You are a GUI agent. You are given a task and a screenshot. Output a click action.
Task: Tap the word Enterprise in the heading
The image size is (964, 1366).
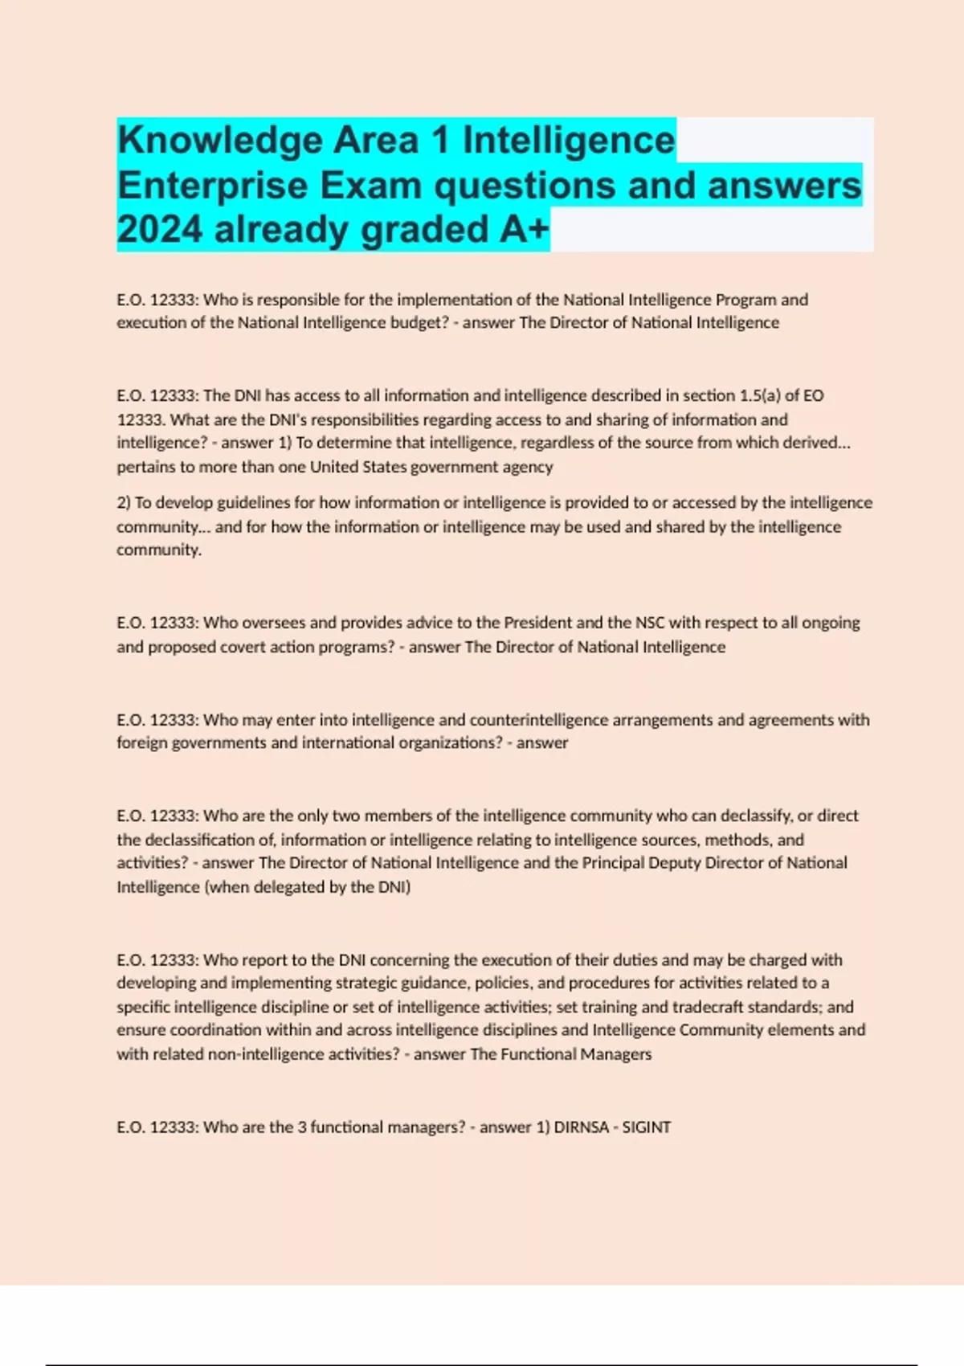(212, 186)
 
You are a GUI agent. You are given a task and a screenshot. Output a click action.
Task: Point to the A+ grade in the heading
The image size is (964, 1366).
(524, 230)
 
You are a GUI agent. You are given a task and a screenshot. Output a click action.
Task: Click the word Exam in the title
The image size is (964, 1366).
(371, 186)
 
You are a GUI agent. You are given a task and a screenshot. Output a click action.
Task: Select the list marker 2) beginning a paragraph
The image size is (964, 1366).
(124, 503)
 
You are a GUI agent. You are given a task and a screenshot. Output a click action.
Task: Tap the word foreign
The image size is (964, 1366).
(141, 743)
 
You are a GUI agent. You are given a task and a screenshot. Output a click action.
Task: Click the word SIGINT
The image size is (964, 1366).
(647, 1127)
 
